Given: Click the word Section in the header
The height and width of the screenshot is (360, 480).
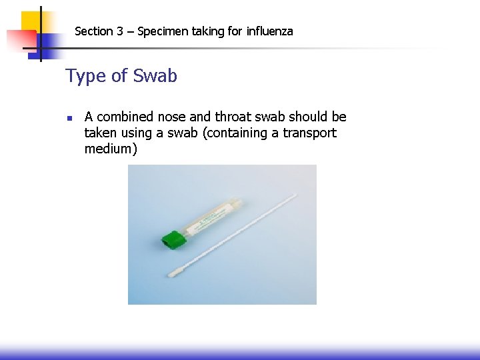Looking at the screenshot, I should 94,31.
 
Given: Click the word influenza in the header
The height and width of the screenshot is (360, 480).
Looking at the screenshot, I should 269,31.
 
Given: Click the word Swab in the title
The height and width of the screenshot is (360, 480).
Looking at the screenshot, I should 155,76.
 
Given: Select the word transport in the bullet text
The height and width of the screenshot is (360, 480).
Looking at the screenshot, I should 309,133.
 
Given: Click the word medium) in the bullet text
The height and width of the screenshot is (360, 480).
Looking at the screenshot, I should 111,149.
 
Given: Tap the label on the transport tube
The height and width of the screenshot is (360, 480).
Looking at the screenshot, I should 212,221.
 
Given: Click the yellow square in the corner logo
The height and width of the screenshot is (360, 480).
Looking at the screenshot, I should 30,20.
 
